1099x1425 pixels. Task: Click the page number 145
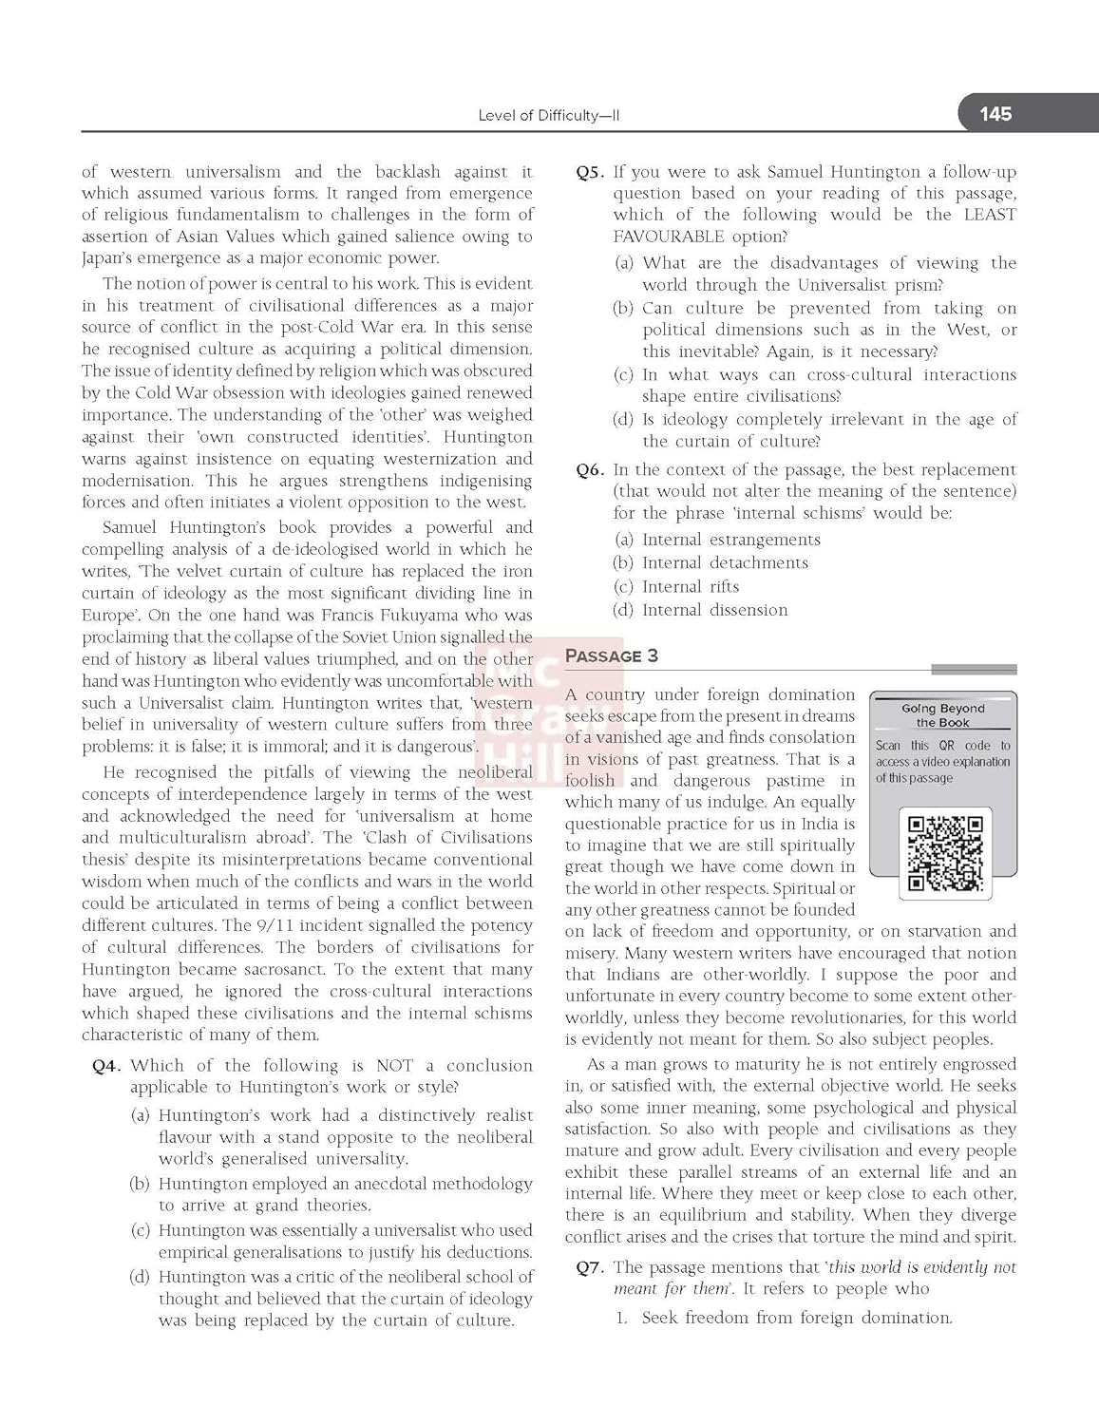(x=995, y=114)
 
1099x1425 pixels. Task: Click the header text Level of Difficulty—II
(x=549, y=116)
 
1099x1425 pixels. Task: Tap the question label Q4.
(x=106, y=1066)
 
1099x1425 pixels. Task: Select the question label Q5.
(x=590, y=172)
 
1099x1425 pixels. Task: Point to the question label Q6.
(x=590, y=469)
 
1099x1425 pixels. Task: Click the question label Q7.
(x=590, y=1267)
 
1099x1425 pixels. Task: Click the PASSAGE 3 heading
(x=612, y=655)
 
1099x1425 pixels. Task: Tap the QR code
(x=945, y=852)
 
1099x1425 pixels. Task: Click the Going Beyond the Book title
(x=943, y=715)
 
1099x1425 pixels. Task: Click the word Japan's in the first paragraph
(x=107, y=258)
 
